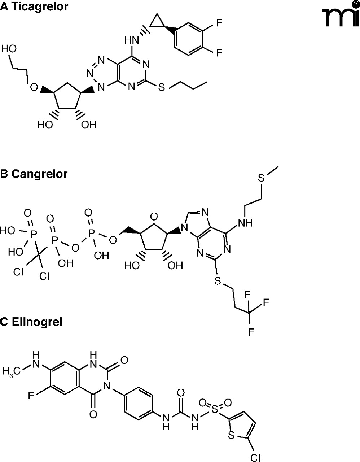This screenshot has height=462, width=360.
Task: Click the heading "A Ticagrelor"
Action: pyautogui.click(x=34, y=6)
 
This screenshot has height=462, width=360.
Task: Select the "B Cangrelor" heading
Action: pyautogui.click(x=34, y=174)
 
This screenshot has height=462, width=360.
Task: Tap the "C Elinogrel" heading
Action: pyautogui.click(x=31, y=322)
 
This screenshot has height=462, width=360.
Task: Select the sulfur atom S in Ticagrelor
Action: pyautogui.click(x=162, y=87)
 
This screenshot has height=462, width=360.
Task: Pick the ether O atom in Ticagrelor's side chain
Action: pyautogui.click(x=33, y=87)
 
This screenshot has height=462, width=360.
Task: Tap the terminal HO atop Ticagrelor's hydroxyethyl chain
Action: pyautogui.click(x=9, y=49)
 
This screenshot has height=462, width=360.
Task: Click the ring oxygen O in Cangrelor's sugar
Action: pyautogui.click(x=154, y=217)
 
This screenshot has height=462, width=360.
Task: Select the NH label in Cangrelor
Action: pyautogui.click(x=245, y=223)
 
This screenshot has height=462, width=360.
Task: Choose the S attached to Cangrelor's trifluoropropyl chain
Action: pyautogui.click(x=217, y=281)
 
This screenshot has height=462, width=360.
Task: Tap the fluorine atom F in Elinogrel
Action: pyautogui.click(x=32, y=396)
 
